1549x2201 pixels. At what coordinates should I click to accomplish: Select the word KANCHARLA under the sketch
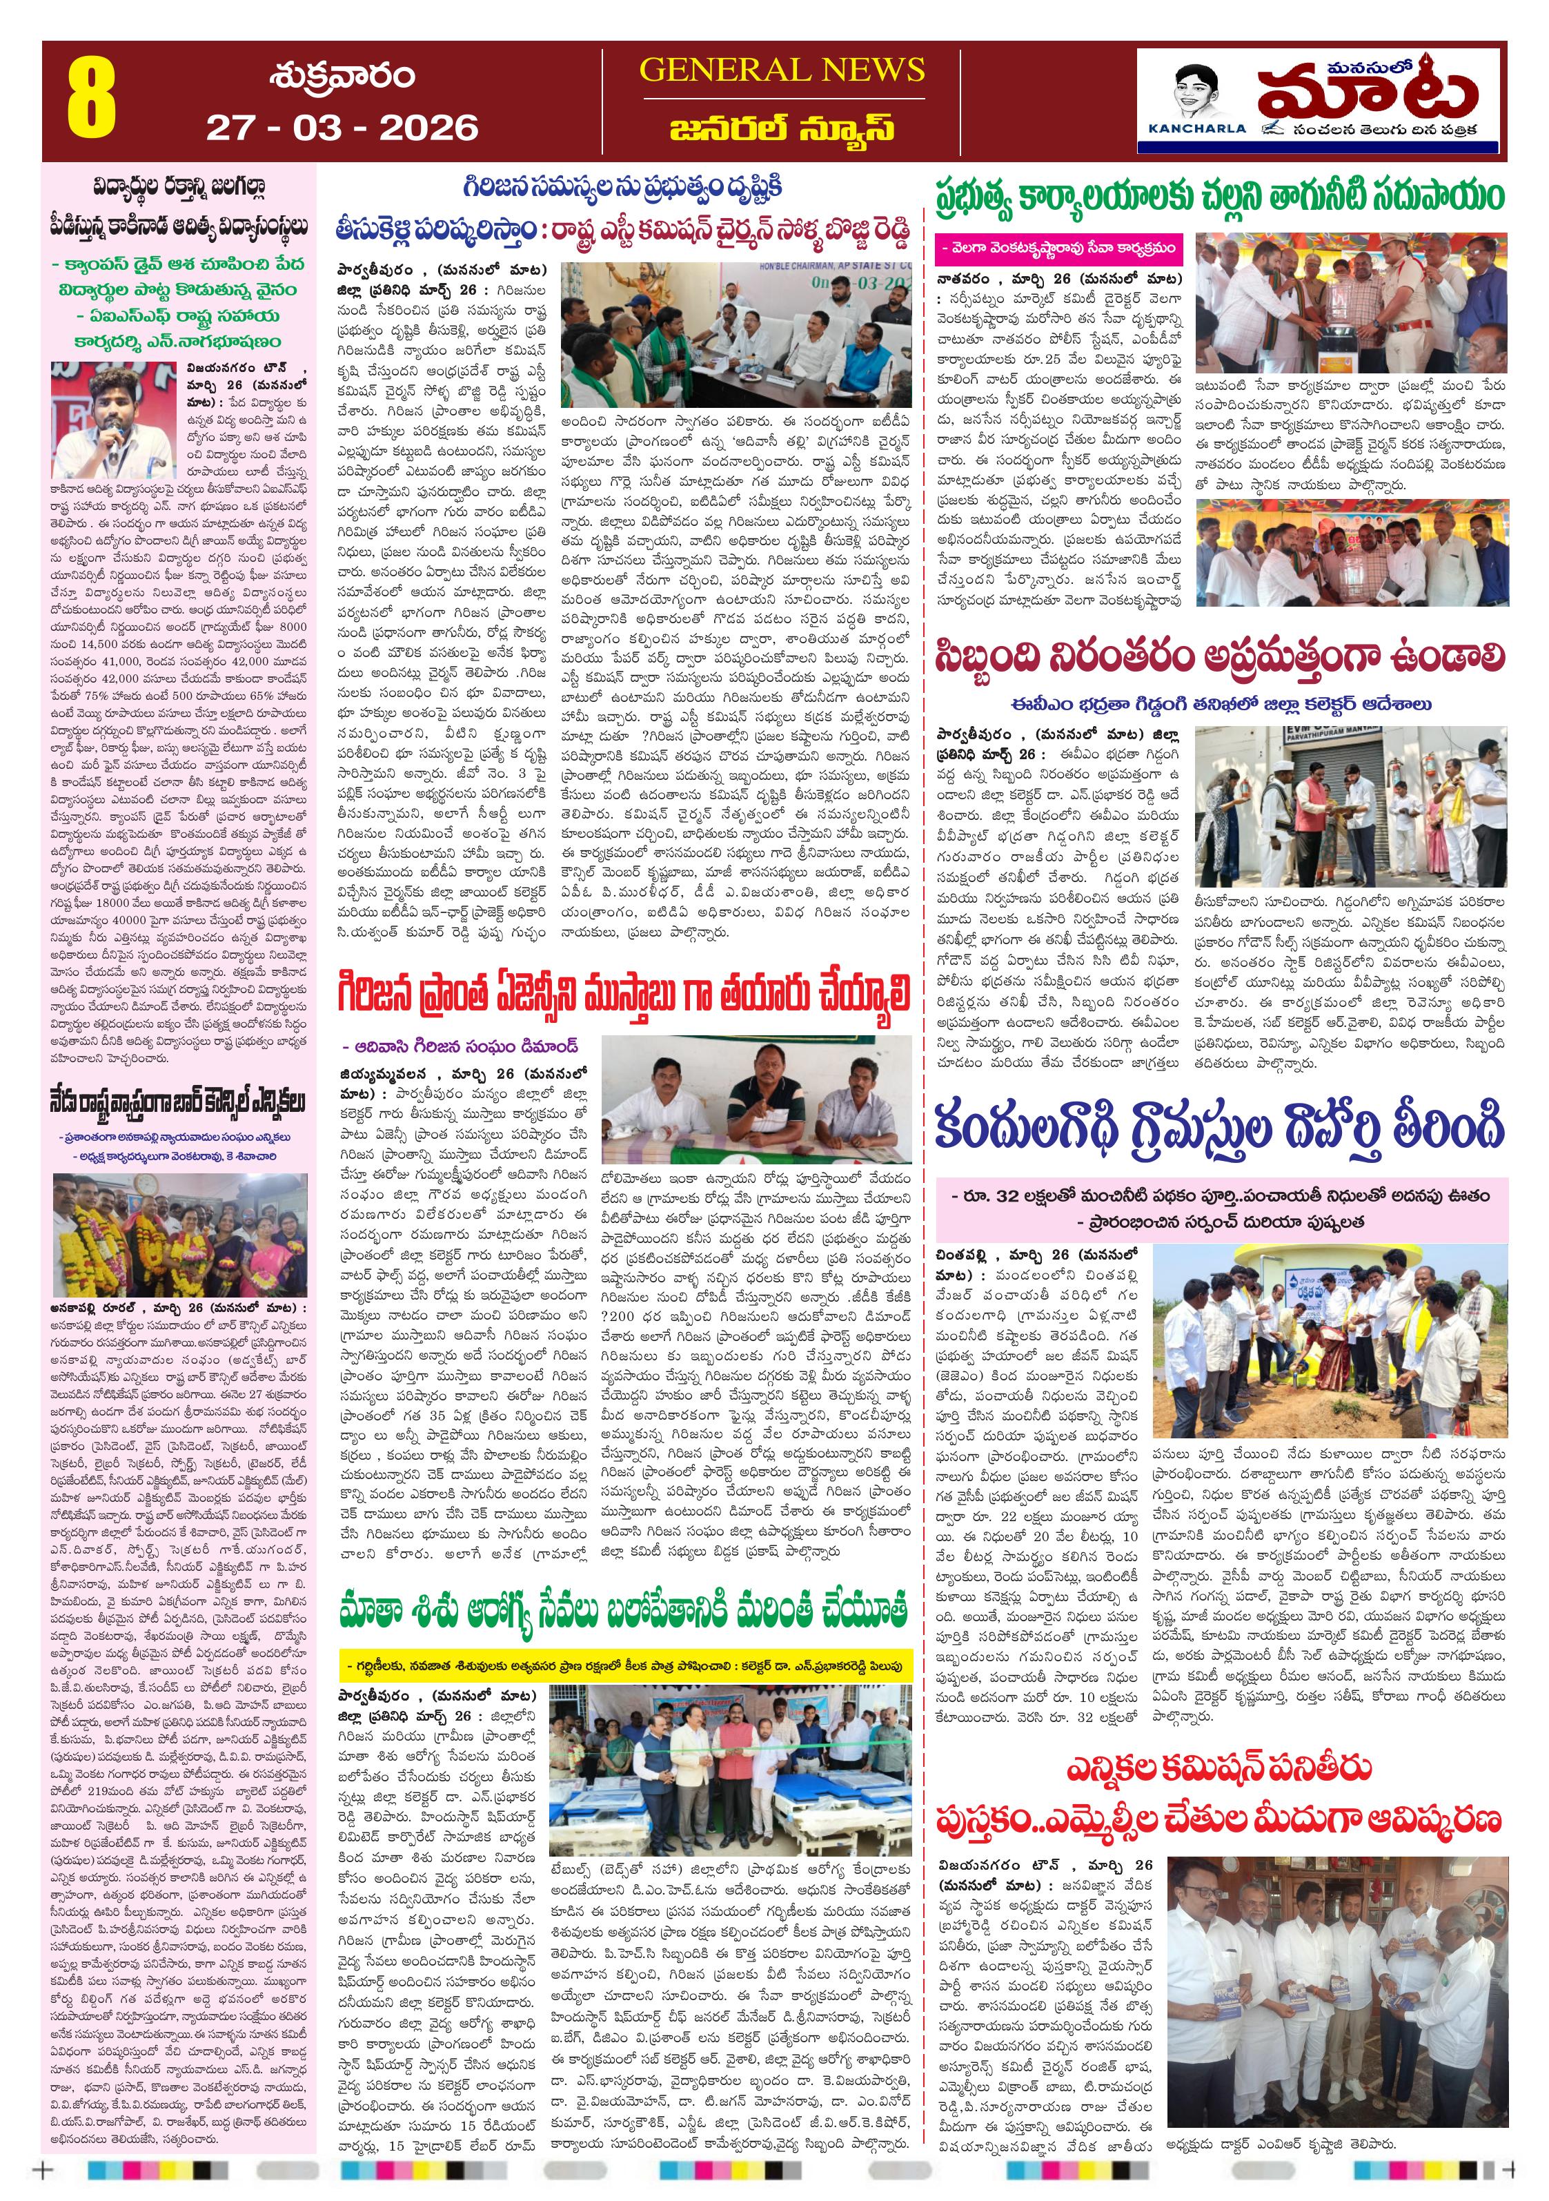pyautogui.click(x=1196, y=128)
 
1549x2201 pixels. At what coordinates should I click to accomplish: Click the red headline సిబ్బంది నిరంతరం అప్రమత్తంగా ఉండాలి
pyautogui.click(x=1219, y=658)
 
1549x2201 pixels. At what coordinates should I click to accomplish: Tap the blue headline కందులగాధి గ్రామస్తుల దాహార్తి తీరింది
pyautogui.click(x=1219, y=1127)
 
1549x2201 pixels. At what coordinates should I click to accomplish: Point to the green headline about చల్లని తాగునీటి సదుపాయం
pyautogui.click(x=1219, y=197)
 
